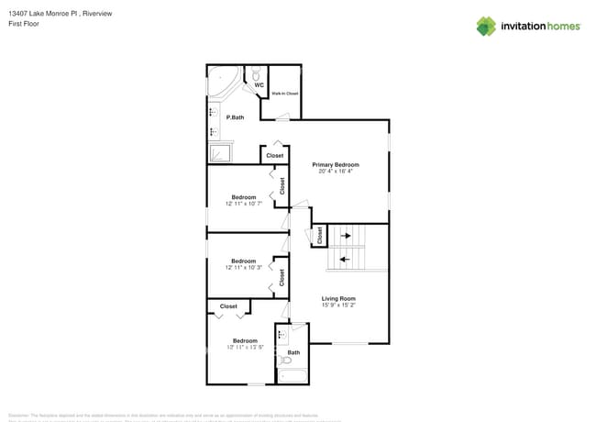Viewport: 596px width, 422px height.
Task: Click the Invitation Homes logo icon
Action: click(486, 26)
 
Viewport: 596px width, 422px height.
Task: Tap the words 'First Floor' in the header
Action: click(22, 24)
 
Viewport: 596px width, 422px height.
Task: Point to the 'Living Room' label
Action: click(337, 299)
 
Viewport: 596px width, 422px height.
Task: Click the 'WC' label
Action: click(259, 85)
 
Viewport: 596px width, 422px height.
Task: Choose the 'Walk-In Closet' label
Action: click(284, 94)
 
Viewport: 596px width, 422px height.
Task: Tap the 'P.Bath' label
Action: click(235, 117)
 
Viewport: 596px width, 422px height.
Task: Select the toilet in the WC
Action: click(258, 72)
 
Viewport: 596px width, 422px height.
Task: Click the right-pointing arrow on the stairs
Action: click(347, 237)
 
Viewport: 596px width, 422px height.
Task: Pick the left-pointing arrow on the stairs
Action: click(345, 259)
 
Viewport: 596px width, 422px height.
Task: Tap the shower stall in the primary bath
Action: click(220, 152)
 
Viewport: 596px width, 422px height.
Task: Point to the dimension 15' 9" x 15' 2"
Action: click(338, 305)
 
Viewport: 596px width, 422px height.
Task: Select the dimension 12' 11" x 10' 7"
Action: click(243, 204)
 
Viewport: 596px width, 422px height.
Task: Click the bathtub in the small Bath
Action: click(292, 373)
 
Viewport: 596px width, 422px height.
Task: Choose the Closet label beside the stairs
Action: click(319, 235)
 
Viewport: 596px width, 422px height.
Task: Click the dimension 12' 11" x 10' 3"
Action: click(243, 267)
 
